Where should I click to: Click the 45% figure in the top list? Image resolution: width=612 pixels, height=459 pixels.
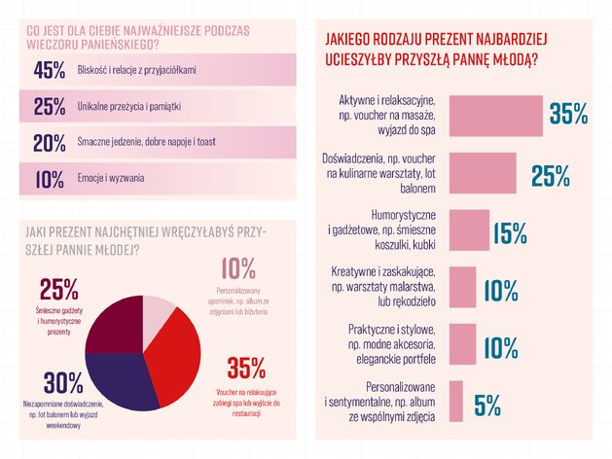point(50,70)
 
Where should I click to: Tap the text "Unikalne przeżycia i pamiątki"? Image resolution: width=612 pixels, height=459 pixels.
point(128,106)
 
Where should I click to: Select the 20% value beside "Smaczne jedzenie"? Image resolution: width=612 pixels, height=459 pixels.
point(50,143)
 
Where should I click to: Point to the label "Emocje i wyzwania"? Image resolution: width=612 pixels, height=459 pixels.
point(111,178)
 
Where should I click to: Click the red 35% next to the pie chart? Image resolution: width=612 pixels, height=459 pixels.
point(246,369)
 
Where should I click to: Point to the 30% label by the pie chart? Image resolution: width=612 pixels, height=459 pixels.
point(63,383)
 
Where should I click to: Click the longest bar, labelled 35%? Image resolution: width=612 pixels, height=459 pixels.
point(495,116)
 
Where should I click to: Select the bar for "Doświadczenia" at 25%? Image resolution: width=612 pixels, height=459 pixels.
point(483,173)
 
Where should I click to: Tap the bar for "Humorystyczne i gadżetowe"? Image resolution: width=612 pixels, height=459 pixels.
point(469,230)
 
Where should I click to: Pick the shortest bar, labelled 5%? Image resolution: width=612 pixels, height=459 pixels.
point(456,402)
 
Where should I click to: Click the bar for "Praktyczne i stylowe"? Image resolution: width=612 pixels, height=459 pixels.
point(462,344)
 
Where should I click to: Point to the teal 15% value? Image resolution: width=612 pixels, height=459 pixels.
point(510,233)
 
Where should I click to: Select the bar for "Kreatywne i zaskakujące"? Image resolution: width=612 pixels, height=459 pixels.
point(462,287)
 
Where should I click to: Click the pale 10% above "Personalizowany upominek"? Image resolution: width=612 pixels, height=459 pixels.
point(238,268)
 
